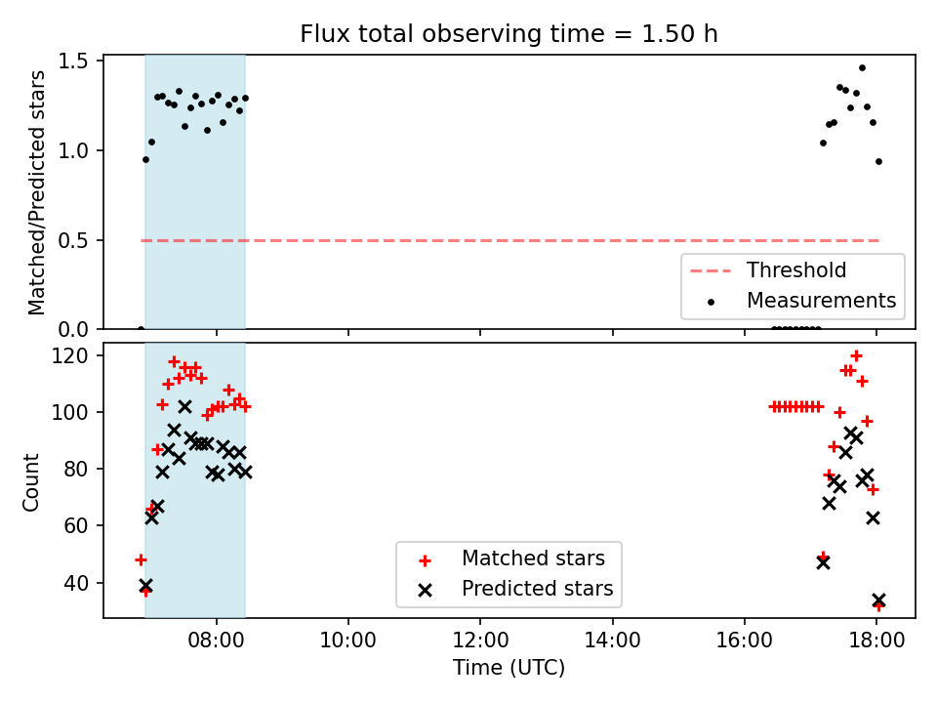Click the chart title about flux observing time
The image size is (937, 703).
pyautogui.click(x=509, y=33)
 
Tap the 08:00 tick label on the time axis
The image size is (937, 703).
pyautogui.click(x=216, y=641)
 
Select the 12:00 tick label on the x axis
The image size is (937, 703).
pyautogui.click(x=480, y=641)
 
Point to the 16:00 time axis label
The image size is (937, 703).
pyautogui.click(x=744, y=641)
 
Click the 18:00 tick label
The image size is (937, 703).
pyautogui.click(x=876, y=641)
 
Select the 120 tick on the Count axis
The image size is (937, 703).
pyautogui.click(x=69, y=355)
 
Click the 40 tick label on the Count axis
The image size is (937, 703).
pyautogui.click(x=76, y=583)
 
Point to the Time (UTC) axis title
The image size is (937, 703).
pyautogui.click(x=509, y=667)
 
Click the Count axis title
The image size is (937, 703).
pyautogui.click(x=30, y=481)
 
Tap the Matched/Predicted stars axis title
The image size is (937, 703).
pyautogui.click(x=36, y=192)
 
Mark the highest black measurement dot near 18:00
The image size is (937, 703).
pyautogui.click(x=862, y=68)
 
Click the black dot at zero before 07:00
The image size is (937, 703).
pyautogui.click(x=141, y=329)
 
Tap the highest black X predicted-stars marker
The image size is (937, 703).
pyautogui.click(x=184, y=407)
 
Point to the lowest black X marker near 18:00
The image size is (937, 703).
pyautogui.click(x=878, y=600)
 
